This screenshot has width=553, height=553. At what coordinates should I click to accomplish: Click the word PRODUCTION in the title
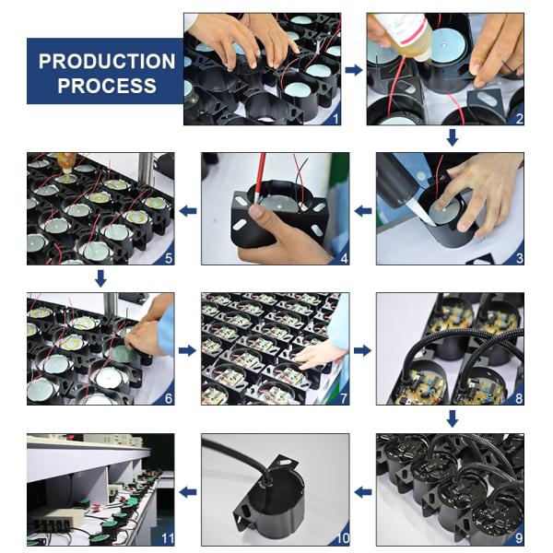point(107,62)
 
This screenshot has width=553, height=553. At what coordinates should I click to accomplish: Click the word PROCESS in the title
point(107,86)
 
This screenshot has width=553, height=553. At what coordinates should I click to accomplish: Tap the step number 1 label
point(335,119)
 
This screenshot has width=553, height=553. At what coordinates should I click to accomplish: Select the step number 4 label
point(344,258)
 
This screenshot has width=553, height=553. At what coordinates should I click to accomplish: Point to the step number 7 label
point(344,398)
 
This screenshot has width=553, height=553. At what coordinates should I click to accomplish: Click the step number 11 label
point(168,538)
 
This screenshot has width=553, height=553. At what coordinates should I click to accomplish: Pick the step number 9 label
point(519,538)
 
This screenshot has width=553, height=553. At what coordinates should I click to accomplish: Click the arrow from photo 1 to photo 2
point(354,70)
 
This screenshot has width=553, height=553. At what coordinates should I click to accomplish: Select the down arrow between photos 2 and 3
point(453,137)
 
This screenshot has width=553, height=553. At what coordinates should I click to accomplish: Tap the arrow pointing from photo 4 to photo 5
point(188,211)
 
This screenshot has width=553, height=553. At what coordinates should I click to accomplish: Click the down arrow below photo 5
point(100,278)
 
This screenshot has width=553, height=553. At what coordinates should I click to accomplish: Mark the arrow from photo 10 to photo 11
point(188,491)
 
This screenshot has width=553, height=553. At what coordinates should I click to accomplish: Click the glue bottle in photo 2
point(406,33)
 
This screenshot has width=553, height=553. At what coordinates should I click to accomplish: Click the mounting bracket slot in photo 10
point(284,462)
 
